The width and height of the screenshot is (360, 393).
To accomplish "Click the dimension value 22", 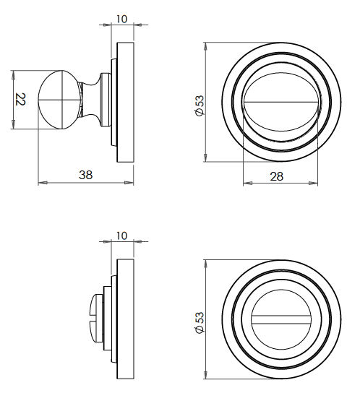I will pyautogui.click(x=21, y=100).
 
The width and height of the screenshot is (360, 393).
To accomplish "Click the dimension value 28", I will pyautogui.click(x=275, y=176).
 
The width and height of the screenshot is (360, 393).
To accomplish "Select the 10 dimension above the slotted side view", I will pyautogui.click(x=121, y=236).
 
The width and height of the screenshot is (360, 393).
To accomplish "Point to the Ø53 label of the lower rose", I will pyautogui.click(x=199, y=321).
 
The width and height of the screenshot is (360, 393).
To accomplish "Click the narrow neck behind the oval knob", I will pyautogui.click(x=93, y=100).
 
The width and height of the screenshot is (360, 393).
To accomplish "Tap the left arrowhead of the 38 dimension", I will pyautogui.click(x=40, y=181).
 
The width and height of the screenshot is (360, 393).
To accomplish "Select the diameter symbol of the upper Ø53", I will pyautogui.click(x=199, y=113).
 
